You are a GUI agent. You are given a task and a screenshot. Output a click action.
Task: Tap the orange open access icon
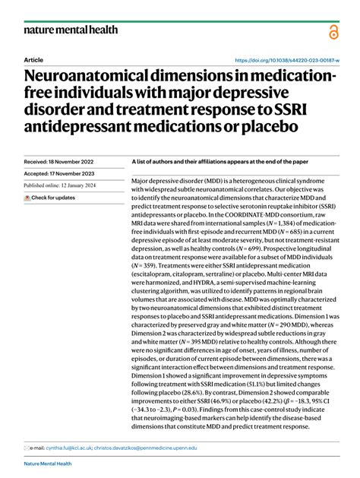point(333,32)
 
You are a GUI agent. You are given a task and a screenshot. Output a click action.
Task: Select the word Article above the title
point(33,59)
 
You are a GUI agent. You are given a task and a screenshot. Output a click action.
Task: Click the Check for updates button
point(49,198)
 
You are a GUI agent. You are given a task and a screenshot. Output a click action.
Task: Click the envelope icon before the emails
point(27,448)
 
